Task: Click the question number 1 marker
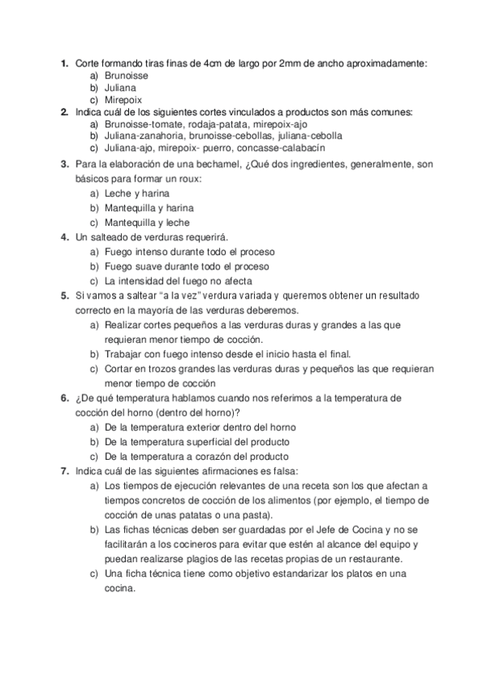tap(64, 63)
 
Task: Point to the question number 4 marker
tap(64, 237)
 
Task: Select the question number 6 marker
tap(64, 398)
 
